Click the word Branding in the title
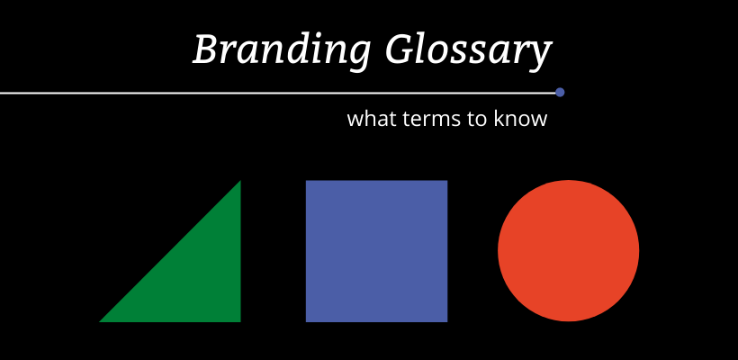point(282,49)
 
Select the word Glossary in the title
point(468,50)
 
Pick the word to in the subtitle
point(477,120)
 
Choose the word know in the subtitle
point(520,119)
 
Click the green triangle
point(193,274)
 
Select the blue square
point(376,251)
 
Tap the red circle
point(569,251)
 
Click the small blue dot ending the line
point(560,92)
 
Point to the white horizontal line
point(278,94)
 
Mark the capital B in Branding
point(207,49)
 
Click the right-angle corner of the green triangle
point(240,322)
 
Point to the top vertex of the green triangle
point(240,181)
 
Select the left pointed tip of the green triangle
point(99,322)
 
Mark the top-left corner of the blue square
point(306,180)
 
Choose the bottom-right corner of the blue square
point(447,322)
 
